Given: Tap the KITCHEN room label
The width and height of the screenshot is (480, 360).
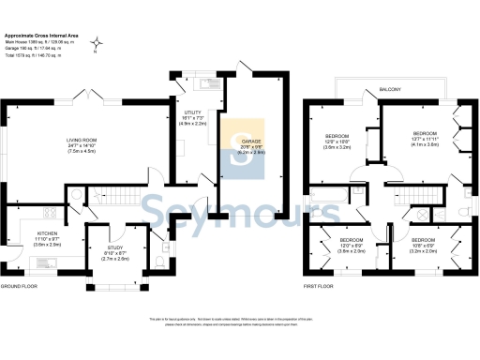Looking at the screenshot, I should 48,233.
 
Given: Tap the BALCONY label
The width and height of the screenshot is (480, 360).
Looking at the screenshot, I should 391,89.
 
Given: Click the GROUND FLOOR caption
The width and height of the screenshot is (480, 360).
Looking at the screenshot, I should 18,285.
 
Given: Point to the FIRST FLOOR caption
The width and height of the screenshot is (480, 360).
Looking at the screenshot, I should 321,285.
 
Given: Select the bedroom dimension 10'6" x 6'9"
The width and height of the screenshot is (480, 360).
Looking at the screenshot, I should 423,247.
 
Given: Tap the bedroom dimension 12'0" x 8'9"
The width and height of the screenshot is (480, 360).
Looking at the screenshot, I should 352,247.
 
